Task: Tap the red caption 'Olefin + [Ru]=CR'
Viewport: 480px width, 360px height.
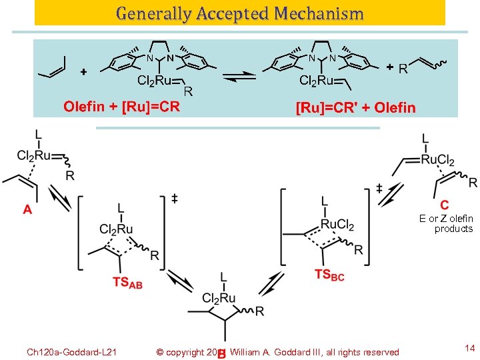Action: point(121,107)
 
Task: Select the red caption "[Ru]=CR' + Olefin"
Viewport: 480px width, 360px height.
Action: point(355,107)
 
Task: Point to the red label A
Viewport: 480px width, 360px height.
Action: point(27,211)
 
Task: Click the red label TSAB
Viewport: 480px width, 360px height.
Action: point(127,283)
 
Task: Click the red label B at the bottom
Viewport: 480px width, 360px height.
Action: point(222,354)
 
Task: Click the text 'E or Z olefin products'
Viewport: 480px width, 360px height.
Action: point(446,223)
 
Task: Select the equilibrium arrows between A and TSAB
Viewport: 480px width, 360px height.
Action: point(59,199)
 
